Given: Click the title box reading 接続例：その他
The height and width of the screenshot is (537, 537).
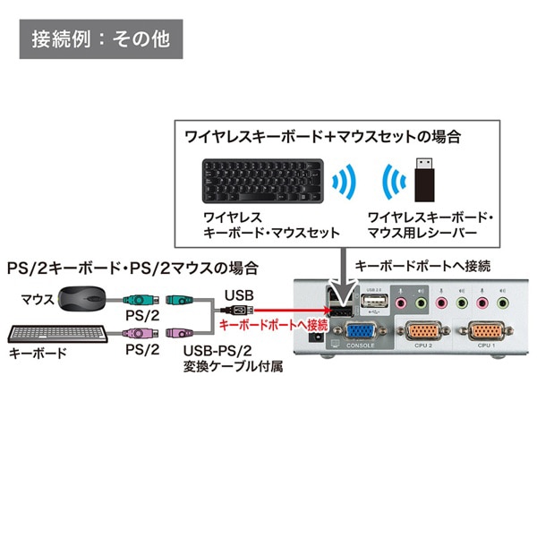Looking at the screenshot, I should pos(100,39).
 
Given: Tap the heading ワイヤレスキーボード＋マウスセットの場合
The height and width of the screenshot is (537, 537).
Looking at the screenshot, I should pos(322,137).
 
